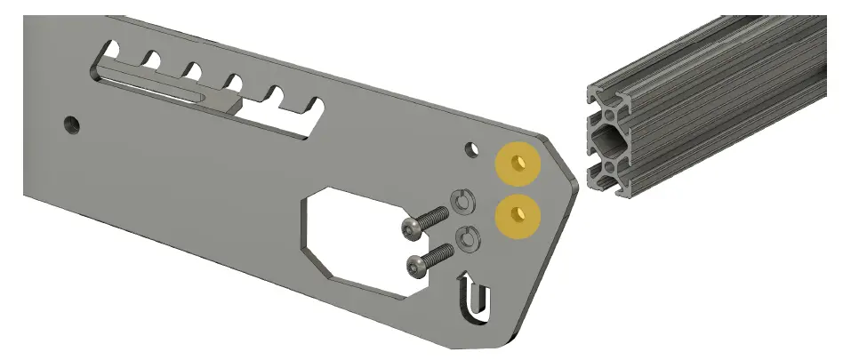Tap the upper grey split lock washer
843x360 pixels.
462,202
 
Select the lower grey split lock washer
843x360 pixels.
468,238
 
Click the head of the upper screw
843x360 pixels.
410,229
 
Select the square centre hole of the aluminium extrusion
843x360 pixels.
608,139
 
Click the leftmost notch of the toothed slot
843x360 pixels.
112,47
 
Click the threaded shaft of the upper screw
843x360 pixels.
433,218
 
